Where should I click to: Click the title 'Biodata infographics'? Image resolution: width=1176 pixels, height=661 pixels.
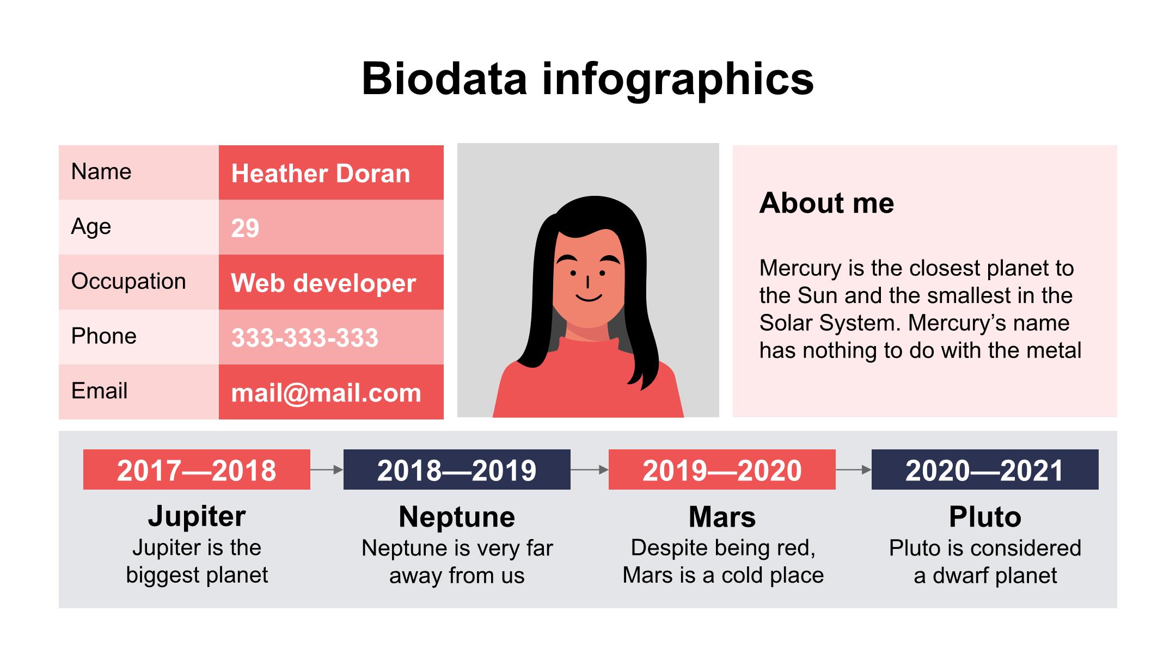click(587, 79)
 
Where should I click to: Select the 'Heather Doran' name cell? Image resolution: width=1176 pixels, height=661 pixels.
click(331, 172)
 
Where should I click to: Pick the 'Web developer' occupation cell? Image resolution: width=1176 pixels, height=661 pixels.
click(331, 282)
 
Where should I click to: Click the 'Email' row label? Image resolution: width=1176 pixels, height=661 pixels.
click(99, 391)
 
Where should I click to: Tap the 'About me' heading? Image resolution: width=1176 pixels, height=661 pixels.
click(826, 203)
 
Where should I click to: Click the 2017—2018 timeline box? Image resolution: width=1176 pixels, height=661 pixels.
click(197, 470)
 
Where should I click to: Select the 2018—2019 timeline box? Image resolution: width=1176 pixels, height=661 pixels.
click(457, 470)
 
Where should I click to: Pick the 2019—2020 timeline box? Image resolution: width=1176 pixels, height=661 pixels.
click(722, 470)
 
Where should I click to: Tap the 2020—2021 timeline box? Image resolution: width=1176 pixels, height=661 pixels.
click(985, 470)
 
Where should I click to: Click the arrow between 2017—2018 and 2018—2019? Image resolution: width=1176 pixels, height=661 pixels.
click(327, 470)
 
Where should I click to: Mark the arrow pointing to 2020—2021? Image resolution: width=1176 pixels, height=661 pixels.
click(854, 470)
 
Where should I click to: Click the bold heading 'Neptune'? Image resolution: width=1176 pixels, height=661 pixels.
click(457, 517)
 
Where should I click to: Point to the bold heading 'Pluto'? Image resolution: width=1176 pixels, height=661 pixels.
click(985, 517)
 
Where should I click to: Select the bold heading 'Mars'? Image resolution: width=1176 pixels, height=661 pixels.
click(722, 517)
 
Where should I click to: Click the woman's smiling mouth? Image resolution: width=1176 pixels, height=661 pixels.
click(589, 298)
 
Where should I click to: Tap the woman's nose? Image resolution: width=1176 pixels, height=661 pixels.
click(587, 282)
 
